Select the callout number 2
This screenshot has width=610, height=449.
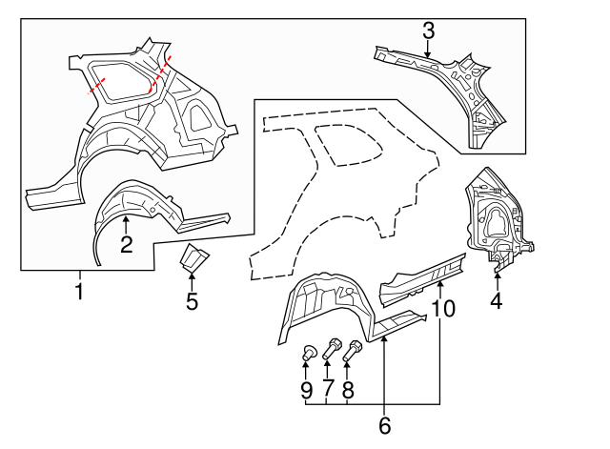126,245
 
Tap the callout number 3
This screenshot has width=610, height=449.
428,31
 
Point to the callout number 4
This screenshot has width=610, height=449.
496,302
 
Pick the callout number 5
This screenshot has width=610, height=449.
192,302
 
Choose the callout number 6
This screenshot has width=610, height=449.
384,424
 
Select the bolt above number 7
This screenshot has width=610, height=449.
333,349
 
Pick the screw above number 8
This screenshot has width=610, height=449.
355,349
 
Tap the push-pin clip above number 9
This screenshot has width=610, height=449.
309,354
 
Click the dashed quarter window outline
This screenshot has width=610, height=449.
350,143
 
